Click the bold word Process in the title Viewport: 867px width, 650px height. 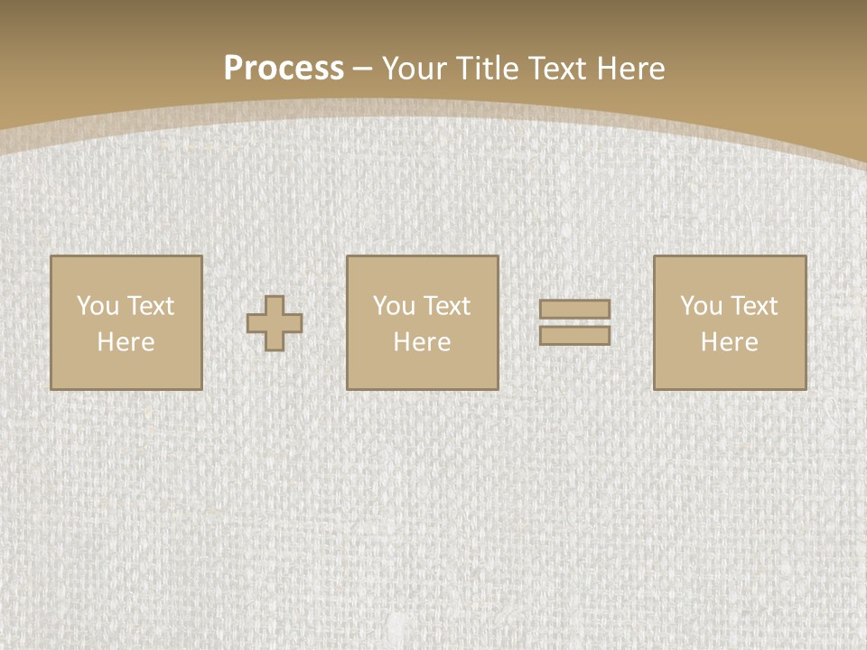pos(284,69)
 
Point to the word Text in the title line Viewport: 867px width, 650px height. pos(558,69)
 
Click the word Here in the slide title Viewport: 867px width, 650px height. pos(631,69)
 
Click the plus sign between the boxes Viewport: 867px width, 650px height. pos(275,323)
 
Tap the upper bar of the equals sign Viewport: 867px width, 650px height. pos(574,310)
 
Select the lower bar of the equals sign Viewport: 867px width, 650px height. pos(574,336)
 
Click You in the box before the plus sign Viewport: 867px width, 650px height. pos(98,306)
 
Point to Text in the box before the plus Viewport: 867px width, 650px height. pos(150,306)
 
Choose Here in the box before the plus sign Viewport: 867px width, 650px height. pos(126,342)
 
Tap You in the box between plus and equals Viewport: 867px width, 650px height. pos(394,306)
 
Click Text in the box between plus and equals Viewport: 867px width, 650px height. pos(446,306)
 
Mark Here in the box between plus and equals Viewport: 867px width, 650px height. pos(422,342)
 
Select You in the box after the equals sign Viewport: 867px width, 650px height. pos(701,306)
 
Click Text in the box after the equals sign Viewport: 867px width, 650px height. pos(753,306)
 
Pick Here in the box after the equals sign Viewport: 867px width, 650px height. pos(729,342)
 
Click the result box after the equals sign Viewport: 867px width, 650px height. pos(730,370)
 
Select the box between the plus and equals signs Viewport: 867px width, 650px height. pos(423,370)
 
